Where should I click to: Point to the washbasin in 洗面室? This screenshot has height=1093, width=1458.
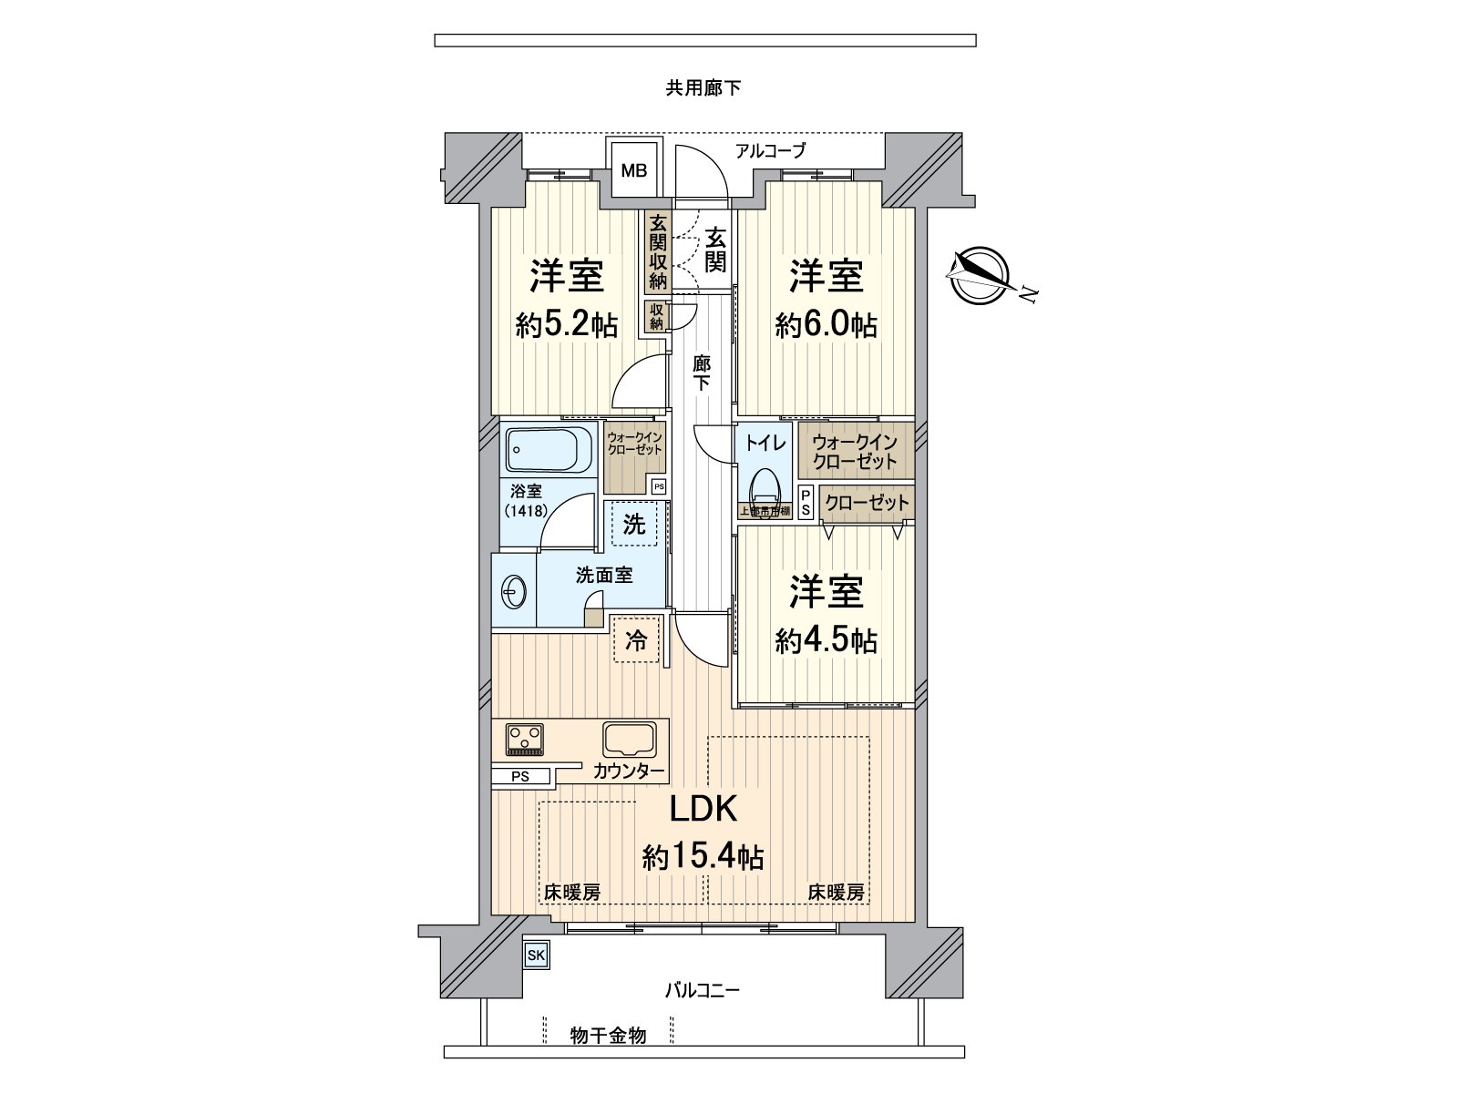tap(513, 594)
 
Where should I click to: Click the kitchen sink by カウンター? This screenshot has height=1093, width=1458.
tap(630, 737)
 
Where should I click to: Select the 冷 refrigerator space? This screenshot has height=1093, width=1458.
tap(636, 641)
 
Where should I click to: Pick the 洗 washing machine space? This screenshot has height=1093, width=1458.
tap(634, 524)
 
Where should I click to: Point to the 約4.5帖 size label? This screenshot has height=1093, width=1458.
tap(827, 641)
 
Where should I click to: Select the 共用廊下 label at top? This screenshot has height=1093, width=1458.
tap(703, 88)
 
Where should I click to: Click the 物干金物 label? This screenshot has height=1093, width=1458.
tap(608, 1036)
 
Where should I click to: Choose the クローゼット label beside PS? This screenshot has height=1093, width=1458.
tap(866, 503)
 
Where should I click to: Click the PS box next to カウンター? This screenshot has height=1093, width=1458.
tap(520, 777)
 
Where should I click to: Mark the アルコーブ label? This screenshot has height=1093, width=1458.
tap(771, 151)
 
